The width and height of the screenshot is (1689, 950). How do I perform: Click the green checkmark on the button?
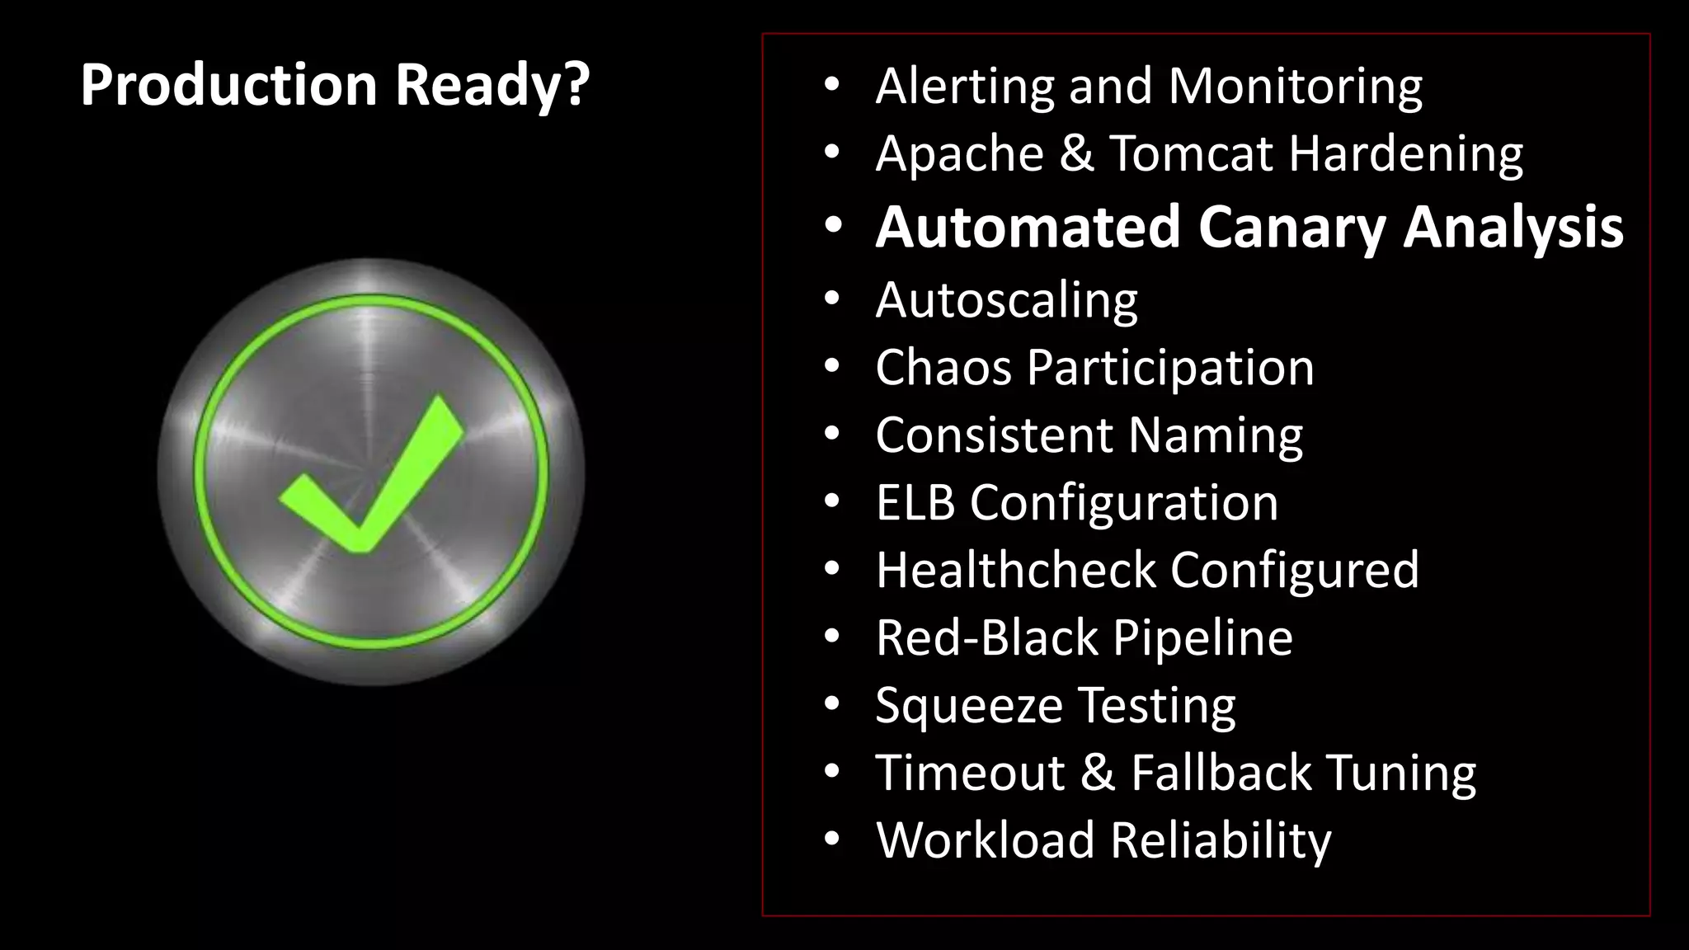(x=371, y=478)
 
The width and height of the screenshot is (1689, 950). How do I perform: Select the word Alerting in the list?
(x=965, y=87)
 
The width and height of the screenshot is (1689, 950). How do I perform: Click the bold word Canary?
(x=1291, y=228)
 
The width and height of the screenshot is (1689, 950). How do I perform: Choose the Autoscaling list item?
(x=1006, y=299)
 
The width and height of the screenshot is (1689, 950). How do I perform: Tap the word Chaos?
(x=943, y=367)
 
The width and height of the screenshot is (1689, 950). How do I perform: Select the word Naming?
(x=1215, y=435)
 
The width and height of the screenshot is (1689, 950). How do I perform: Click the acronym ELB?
(x=915, y=502)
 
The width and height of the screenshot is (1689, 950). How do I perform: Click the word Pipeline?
(x=1202, y=637)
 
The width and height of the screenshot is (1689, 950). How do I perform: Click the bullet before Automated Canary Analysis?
(x=832, y=227)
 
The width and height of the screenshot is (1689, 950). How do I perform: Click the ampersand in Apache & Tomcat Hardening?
(x=1076, y=154)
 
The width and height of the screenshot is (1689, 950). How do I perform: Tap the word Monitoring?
(x=1295, y=87)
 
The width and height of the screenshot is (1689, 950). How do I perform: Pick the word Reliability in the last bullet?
(x=1220, y=840)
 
